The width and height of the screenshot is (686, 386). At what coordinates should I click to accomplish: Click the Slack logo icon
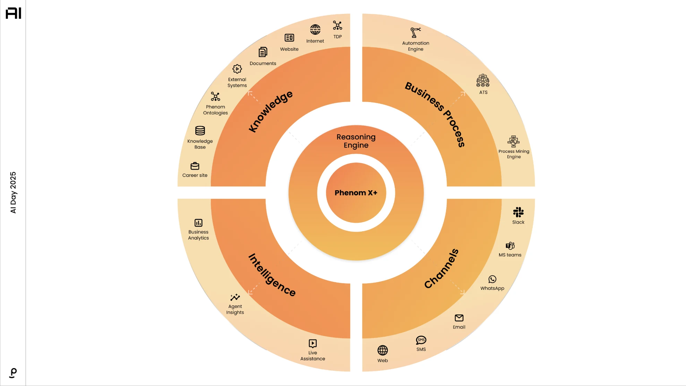pos(518,212)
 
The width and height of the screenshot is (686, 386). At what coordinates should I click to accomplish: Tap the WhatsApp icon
pos(492,279)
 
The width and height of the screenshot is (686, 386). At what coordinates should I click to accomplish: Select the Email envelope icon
pos(459,318)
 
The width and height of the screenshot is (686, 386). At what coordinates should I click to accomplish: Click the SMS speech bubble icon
pos(421,340)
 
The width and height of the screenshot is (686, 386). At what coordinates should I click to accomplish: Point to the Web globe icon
pos(383,351)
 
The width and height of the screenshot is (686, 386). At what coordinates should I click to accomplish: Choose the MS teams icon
pos(510,246)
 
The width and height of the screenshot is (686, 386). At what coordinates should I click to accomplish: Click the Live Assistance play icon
pos(312,344)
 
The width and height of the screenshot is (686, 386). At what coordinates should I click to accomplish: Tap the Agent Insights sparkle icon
pos(235,297)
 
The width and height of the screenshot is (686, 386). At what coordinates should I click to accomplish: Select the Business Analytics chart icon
pos(198,223)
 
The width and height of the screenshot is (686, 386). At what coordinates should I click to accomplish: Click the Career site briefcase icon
pos(195,166)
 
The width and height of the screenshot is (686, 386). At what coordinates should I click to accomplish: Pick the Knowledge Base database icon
pos(200,131)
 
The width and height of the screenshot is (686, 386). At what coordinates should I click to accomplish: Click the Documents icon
pos(263,52)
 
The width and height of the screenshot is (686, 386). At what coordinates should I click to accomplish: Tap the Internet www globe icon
pos(315,30)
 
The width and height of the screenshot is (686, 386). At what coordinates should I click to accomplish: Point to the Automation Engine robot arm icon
pos(415,33)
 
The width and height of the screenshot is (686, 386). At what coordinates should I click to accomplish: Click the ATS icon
pos(483,81)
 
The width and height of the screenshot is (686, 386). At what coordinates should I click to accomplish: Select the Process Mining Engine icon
pos(514,142)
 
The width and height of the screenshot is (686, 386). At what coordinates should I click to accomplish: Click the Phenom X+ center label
pos(356,193)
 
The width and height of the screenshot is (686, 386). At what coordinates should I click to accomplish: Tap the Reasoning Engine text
pos(356,141)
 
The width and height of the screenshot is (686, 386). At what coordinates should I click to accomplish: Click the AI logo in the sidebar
pos(14,13)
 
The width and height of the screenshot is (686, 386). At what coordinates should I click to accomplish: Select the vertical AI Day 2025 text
pos(13,192)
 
